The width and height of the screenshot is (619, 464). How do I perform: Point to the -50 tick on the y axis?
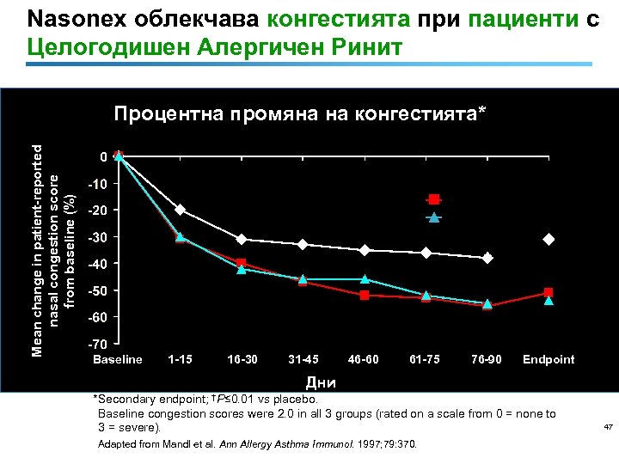click(98, 290)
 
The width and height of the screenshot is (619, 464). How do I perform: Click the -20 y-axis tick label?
click(98, 211)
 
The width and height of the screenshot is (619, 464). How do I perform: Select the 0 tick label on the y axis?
click(102, 157)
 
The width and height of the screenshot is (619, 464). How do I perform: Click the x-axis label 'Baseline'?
click(118, 359)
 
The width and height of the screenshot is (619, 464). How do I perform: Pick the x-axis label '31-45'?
click(303, 359)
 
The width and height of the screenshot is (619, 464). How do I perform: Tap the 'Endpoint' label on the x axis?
click(549, 359)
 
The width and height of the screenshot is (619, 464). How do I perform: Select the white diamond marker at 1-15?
click(181, 210)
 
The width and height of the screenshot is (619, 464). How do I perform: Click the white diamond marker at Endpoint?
click(549, 239)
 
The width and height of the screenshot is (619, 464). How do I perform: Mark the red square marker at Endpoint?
click(549, 293)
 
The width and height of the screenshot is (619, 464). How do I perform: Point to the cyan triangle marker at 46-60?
click(365, 279)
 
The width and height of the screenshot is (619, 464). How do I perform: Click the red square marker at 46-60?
click(365, 295)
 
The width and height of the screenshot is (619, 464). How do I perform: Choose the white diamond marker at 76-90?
click(487, 258)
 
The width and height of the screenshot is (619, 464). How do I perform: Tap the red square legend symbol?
click(435, 199)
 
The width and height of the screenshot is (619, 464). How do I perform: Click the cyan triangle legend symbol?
click(435, 217)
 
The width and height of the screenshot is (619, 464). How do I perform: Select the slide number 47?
click(607, 427)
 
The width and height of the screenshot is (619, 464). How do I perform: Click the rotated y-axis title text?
click(58, 238)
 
